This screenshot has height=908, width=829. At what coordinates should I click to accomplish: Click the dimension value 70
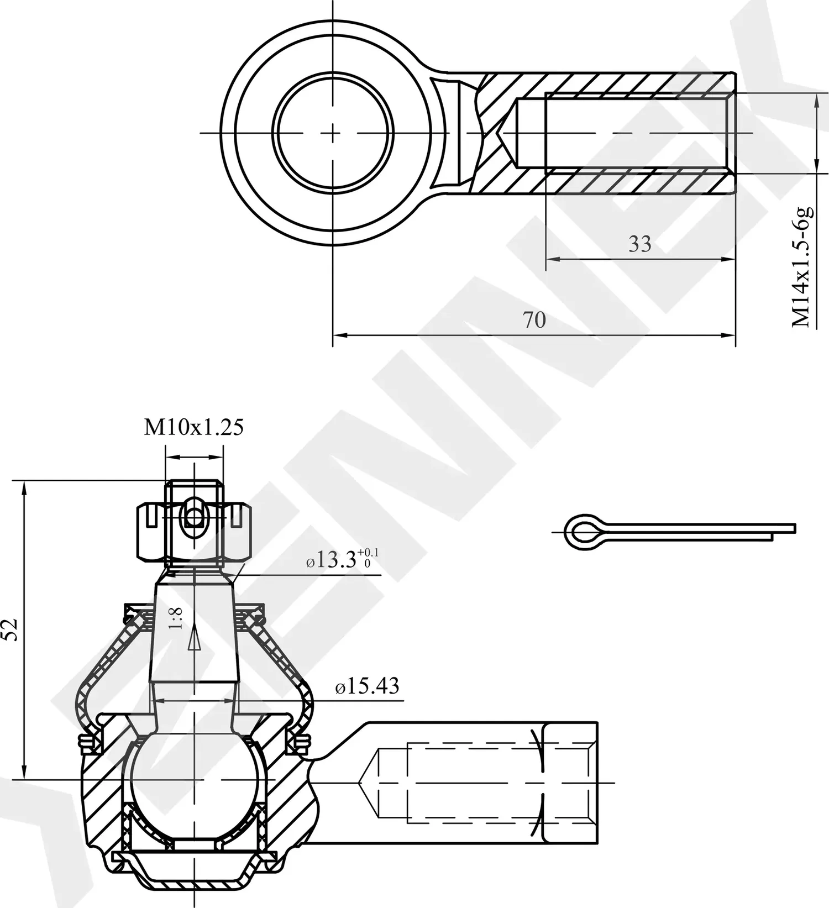534,320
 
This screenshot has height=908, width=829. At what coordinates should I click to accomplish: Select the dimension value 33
639,244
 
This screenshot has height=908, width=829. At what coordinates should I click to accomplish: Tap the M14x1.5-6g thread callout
802,267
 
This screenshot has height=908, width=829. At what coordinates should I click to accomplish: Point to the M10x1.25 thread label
193,427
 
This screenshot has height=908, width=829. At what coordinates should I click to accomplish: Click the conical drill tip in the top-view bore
507,133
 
